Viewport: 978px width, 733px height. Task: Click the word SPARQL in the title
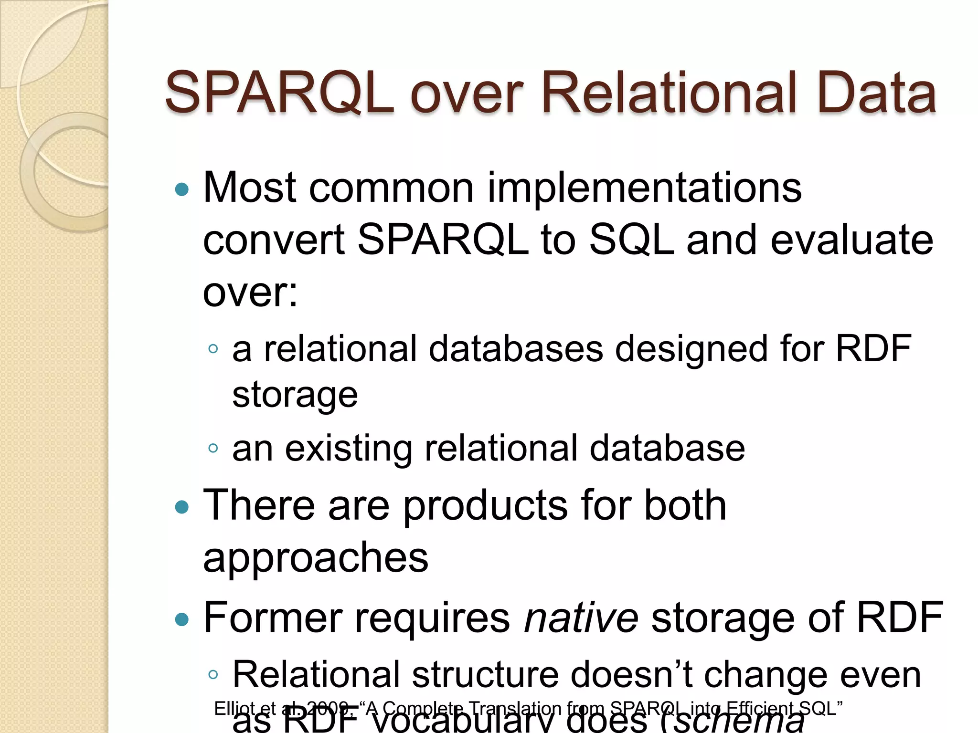pos(279,93)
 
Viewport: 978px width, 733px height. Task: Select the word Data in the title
pos(876,93)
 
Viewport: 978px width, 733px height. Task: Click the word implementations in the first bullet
pos(644,188)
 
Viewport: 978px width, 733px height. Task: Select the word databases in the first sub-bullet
pos(516,349)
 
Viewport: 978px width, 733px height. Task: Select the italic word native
pos(581,618)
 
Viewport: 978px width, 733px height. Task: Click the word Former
pos(273,618)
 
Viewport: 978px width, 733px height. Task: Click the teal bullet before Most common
pos(182,190)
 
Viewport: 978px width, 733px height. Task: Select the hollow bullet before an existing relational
pos(213,448)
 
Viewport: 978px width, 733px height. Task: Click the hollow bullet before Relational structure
pos(213,674)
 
